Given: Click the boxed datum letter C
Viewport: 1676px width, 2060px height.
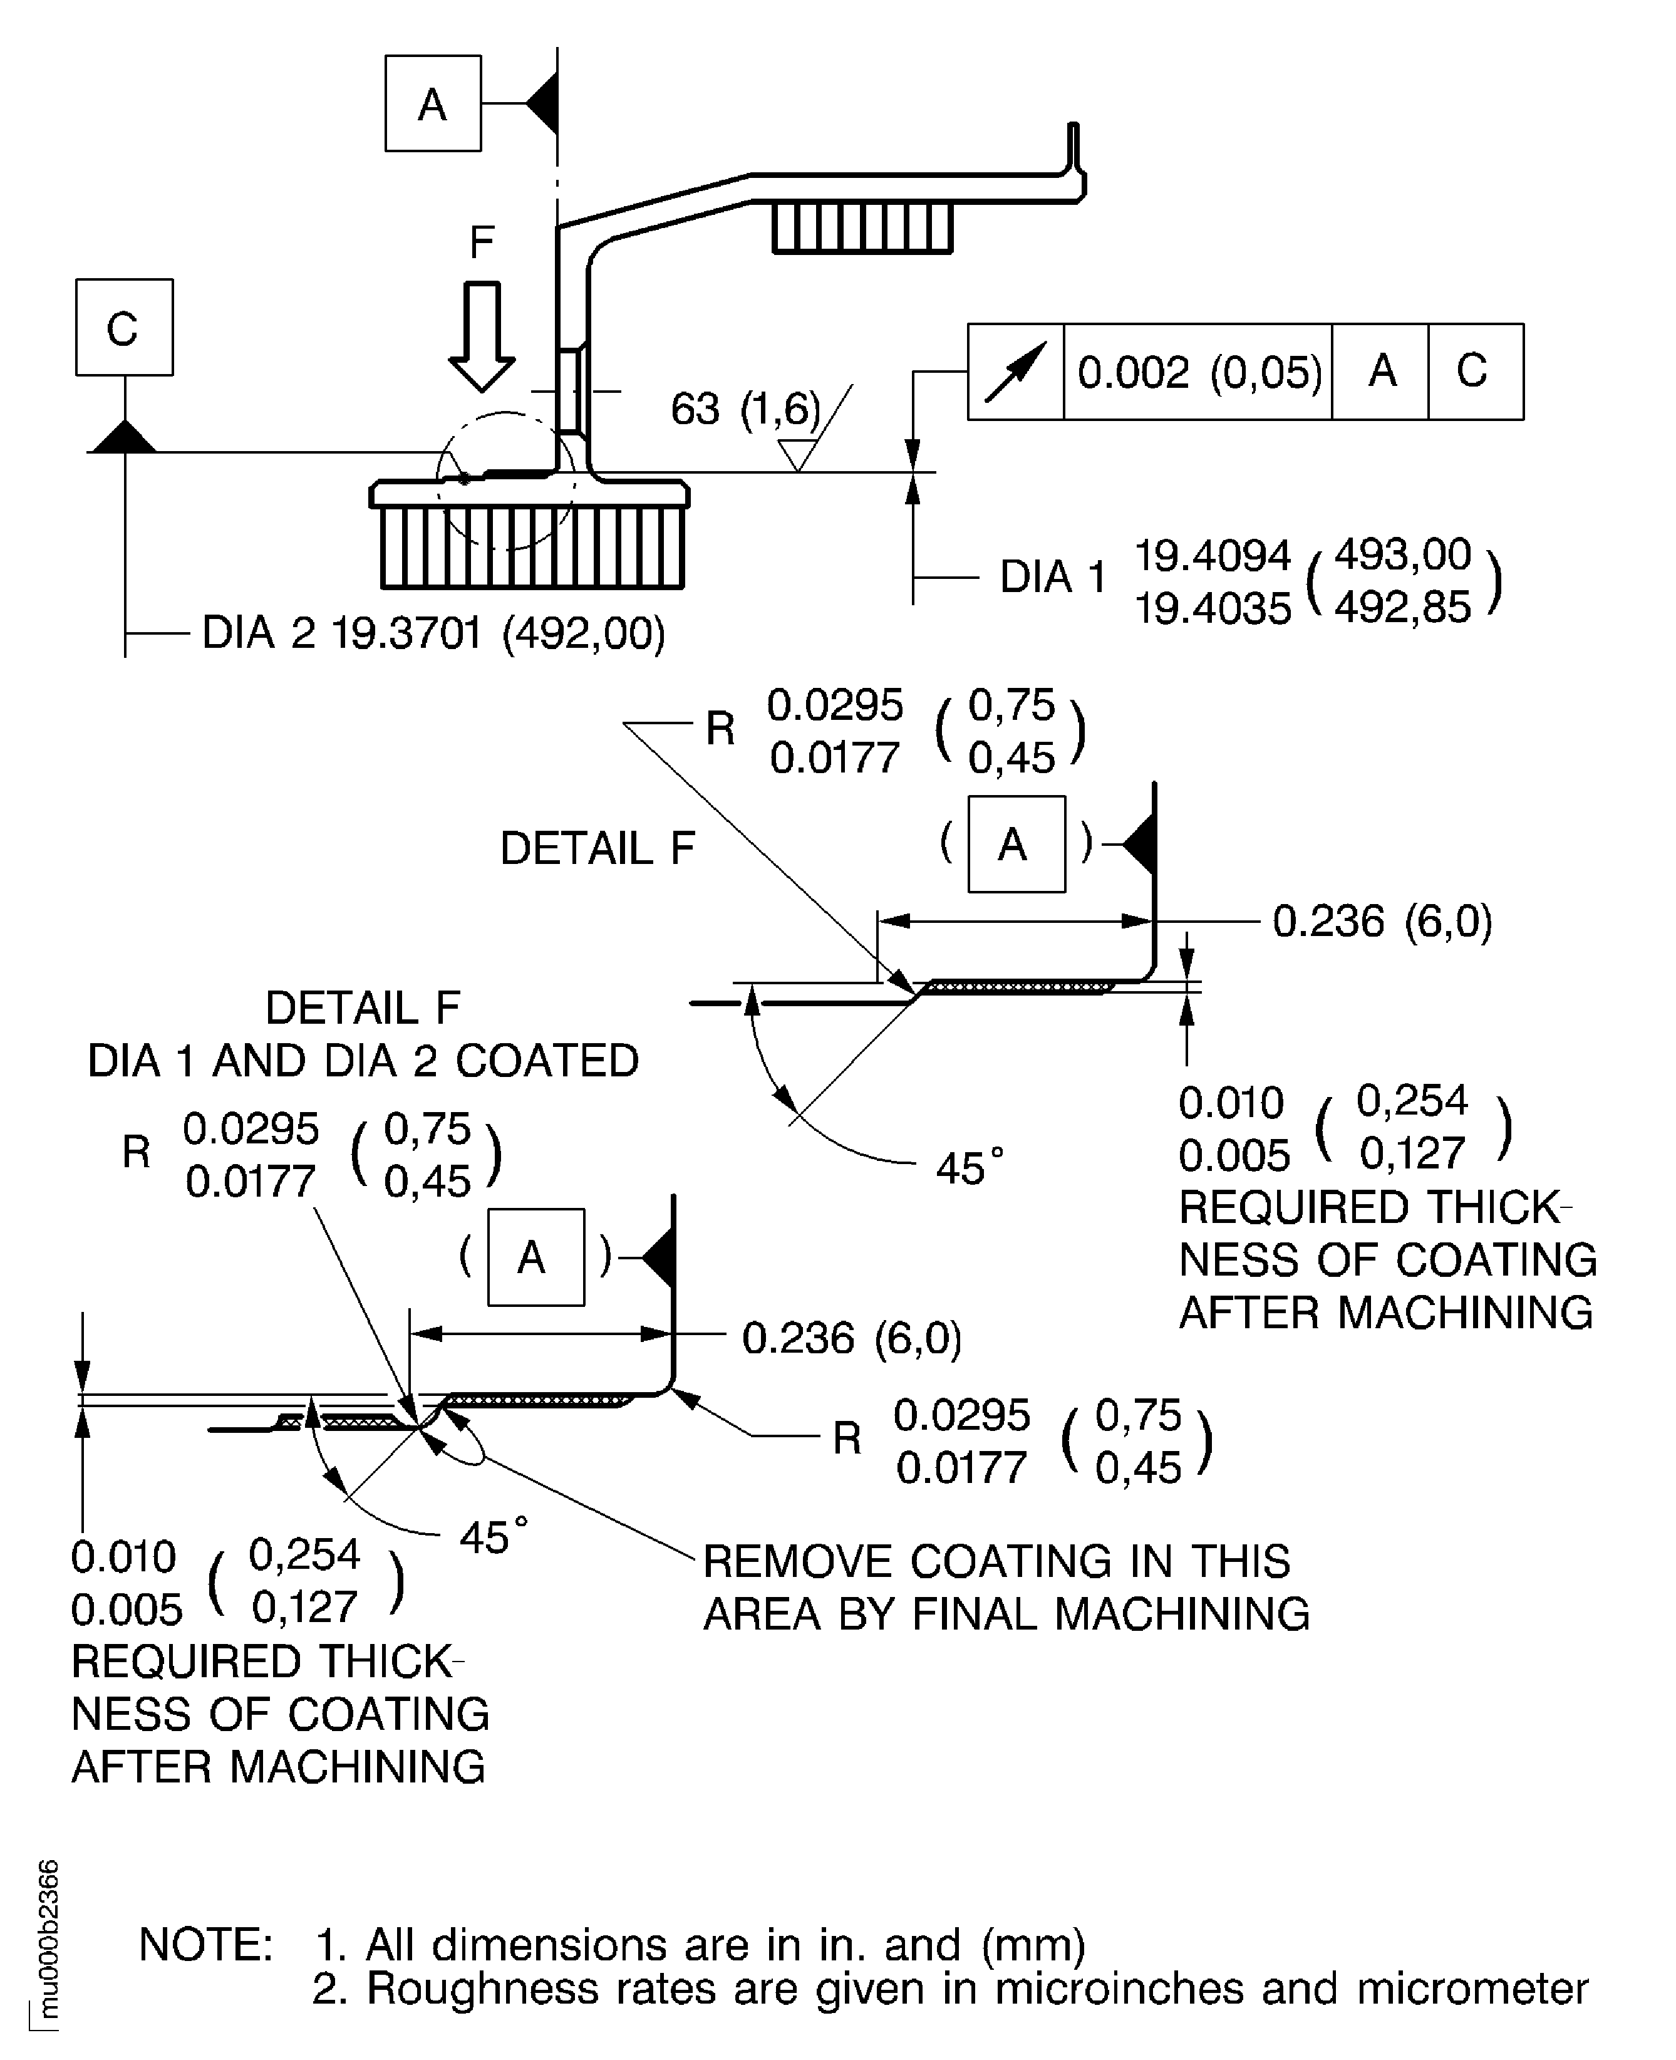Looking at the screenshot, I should point(123,328).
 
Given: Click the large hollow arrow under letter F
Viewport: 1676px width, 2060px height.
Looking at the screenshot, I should point(482,334).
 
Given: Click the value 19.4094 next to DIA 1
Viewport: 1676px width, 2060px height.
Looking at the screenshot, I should point(1212,555).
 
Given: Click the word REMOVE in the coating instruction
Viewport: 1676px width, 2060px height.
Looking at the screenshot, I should point(799,1562).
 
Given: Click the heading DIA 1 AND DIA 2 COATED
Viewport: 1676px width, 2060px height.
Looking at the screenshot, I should point(363,1061).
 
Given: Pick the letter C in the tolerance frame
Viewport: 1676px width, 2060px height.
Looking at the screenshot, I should point(1472,371).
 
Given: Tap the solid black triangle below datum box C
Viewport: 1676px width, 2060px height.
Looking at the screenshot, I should point(123,437).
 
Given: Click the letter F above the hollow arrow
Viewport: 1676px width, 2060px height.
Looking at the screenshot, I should point(481,241).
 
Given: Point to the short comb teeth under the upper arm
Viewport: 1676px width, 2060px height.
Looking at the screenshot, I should point(862,228).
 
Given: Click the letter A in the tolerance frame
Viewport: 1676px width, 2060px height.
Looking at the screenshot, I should point(1382,371).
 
